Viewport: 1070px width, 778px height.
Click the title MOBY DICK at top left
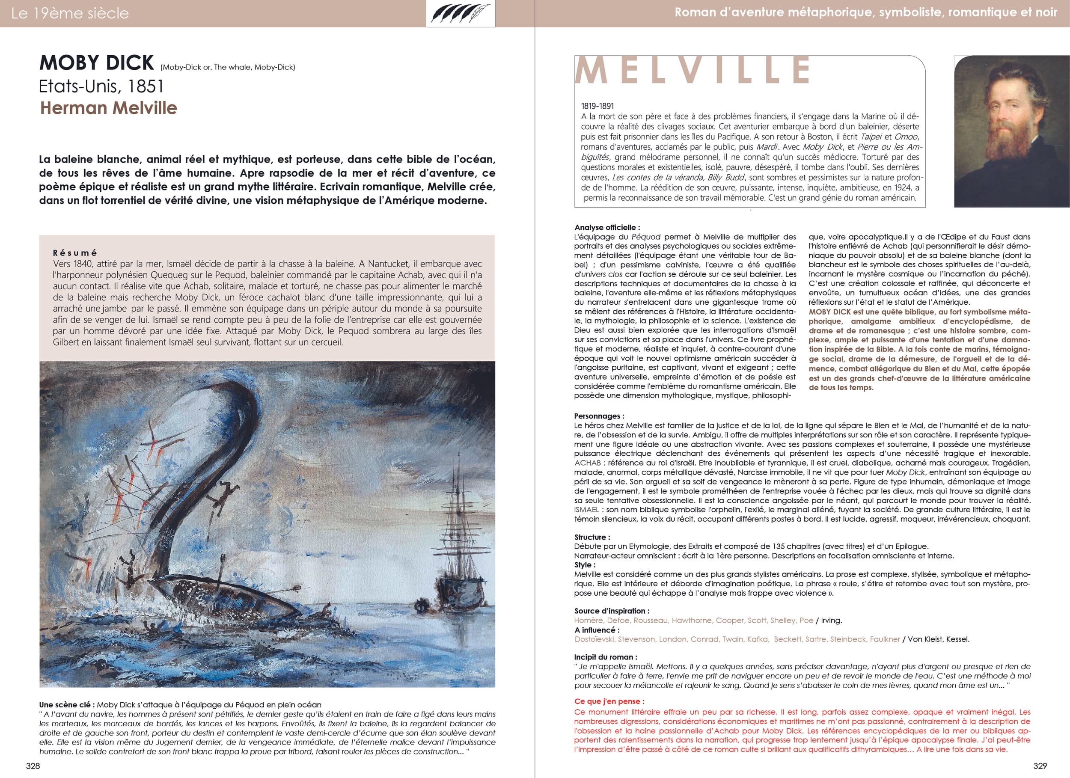(x=97, y=63)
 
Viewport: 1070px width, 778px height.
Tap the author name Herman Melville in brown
(x=109, y=107)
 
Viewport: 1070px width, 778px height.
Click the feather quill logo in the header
(x=461, y=13)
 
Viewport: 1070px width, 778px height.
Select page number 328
(x=33, y=766)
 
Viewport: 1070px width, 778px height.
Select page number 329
(x=1036, y=766)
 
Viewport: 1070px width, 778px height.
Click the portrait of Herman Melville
(x=1011, y=131)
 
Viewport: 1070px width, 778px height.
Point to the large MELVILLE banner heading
(x=692, y=70)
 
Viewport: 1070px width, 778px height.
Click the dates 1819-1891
(x=597, y=107)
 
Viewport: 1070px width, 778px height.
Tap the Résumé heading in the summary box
(x=75, y=253)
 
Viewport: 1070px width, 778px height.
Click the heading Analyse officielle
(x=607, y=227)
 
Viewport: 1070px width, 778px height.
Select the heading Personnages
(x=599, y=416)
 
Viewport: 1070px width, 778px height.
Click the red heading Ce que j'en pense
(x=609, y=701)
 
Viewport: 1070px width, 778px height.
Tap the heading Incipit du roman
(x=605, y=657)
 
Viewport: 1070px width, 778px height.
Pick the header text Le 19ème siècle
(x=70, y=13)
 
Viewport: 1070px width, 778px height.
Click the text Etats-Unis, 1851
(x=101, y=86)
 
